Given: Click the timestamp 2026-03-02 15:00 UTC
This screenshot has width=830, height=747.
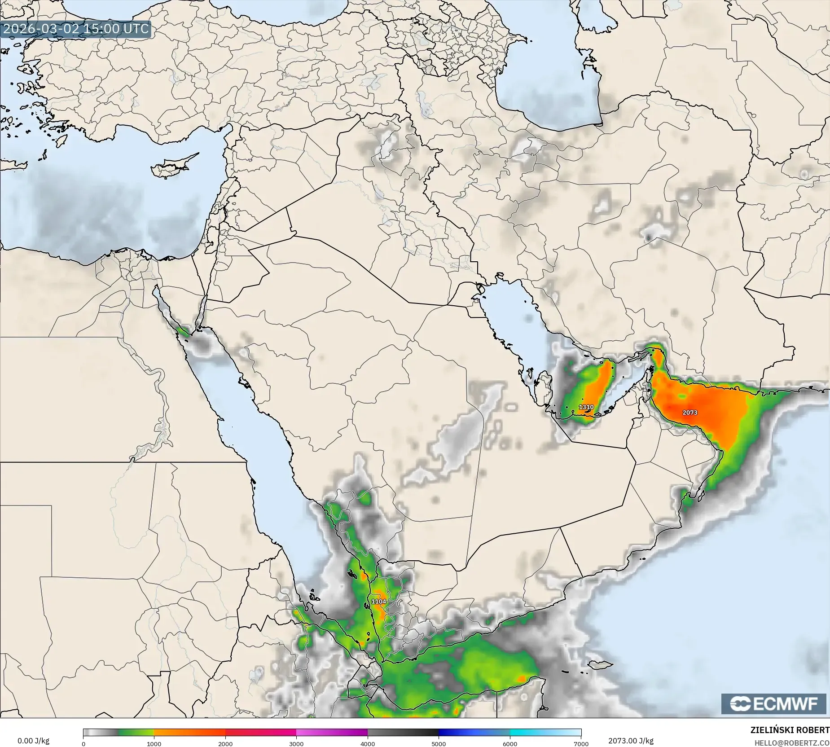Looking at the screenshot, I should click(x=75, y=29).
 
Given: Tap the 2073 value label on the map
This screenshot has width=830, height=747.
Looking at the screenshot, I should click(x=690, y=412).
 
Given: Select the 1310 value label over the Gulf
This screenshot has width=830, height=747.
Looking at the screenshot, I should click(x=586, y=407).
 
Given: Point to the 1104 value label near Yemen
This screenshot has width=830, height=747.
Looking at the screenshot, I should click(x=378, y=601).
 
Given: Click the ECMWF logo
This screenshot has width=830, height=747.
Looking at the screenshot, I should click(x=773, y=703).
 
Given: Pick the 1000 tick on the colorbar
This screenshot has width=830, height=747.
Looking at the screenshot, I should click(x=154, y=743).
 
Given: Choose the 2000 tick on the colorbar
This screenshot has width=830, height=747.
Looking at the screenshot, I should click(x=225, y=743).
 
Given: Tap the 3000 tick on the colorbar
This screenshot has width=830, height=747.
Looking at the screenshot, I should click(x=296, y=743).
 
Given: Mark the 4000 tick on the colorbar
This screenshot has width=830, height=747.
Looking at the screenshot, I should click(x=368, y=743).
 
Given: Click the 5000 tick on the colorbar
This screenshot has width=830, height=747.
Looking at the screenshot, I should click(x=439, y=743).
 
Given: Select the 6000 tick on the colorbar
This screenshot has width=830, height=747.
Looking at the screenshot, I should click(x=510, y=743).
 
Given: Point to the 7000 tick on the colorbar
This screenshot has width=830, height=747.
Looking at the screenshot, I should click(x=581, y=743).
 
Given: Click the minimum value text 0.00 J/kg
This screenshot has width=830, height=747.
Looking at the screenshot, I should click(x=34, y=740).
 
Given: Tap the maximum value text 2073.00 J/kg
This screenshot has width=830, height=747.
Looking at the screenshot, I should click(x=631, y=740).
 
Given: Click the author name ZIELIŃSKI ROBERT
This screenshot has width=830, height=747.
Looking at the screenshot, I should click(x=790, y=730).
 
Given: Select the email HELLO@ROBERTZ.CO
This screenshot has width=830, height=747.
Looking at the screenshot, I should click(x=791, y=743).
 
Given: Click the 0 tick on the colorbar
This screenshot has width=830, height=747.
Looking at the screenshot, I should click(x=83, y=743).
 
